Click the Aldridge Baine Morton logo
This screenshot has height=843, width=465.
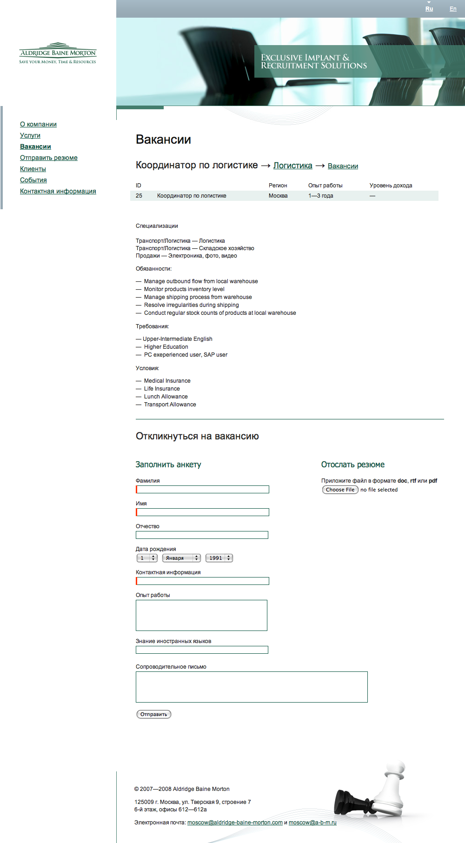58,53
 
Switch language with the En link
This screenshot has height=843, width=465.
453,9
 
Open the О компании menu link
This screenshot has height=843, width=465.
38,124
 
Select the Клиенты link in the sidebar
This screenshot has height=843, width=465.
33,169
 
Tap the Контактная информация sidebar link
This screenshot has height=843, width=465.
58,191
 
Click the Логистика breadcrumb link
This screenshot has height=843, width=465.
293,166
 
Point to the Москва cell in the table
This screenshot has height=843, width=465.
278,196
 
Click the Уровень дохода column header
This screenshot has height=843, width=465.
391,186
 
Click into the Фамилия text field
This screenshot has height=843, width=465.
203,490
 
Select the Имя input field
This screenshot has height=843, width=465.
203,512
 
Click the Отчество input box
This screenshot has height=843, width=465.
202,535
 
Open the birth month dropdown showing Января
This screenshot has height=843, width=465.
181,558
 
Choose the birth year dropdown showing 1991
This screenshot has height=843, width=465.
219,558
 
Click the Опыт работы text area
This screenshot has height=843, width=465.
201,615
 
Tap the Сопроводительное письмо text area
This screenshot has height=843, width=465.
252,687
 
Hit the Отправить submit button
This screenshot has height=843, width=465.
153,714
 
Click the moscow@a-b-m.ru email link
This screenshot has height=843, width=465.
312,823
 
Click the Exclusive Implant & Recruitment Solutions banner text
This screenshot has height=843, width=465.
314,61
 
